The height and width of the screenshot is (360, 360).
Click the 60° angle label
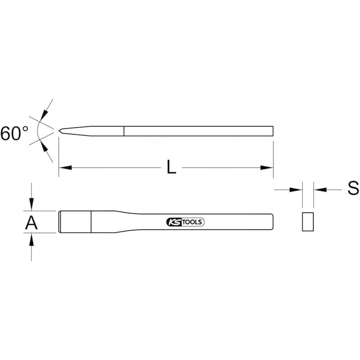(x=14, y=133)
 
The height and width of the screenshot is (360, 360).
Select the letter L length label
(x=171, y=167)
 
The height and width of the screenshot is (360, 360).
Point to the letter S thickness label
(x=353, y=188)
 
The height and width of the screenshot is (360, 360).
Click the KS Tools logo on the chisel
(x=185, y=222)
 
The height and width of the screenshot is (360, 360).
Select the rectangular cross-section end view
(x=308, y=221)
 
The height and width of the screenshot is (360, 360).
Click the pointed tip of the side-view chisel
(x=59, y=130)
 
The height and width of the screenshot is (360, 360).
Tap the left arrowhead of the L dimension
(x=65, y=167)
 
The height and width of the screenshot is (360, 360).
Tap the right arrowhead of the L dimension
(x=267, y=167)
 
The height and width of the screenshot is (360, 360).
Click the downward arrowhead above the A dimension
(x=31, y=204)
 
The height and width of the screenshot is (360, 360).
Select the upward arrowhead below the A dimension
(x=31, y=239)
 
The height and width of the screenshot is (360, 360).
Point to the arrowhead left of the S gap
(x=296, y=189)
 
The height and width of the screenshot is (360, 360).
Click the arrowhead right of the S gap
(x=320, y=189)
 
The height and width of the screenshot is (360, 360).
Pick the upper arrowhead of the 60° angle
(x=44, y=115)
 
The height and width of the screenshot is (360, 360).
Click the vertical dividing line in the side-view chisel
(x=124, y=131)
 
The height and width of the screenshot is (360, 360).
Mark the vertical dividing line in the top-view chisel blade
(x=91, y=222)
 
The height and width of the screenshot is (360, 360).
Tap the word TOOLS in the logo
(x=193, y=222)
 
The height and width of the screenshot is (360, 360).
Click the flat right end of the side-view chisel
(x=273, y=131)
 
